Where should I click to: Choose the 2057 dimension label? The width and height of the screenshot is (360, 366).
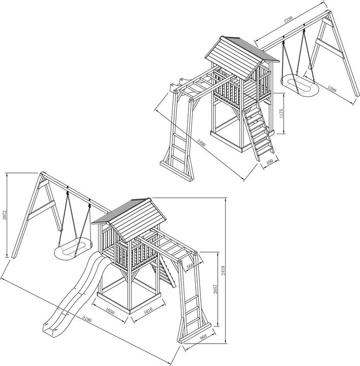216,289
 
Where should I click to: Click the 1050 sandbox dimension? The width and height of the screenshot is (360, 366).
112,309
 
